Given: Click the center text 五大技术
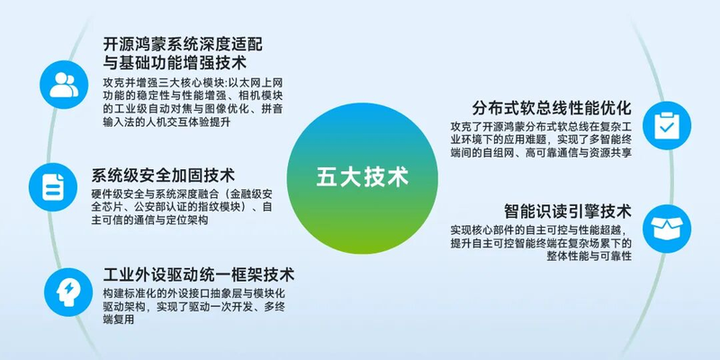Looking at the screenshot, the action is pos(363,177).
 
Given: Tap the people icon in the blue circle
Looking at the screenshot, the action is pos(64,85).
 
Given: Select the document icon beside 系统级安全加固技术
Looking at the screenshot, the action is pos(53,187).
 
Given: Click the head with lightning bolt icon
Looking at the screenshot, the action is pos(68,292).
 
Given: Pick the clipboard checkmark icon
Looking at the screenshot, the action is pos(667,125).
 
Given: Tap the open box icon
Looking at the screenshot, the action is pos(667,229).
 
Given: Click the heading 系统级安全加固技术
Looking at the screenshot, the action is pos(163,175).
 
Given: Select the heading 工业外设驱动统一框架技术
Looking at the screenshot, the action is pos(198,274).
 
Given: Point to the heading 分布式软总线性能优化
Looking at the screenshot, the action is pos(552,108).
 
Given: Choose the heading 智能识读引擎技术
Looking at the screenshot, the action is pos(568,211).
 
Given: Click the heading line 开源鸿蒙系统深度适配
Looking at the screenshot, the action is pos(184,45).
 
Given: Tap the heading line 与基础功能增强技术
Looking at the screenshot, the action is pos(175,62).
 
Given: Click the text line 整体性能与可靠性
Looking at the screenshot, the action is pos(589,256).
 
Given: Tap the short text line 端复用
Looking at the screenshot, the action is pos(119,319).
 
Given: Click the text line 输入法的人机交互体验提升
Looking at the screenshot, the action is pos(166,123).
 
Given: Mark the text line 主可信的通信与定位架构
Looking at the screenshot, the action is pos(149,220).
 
